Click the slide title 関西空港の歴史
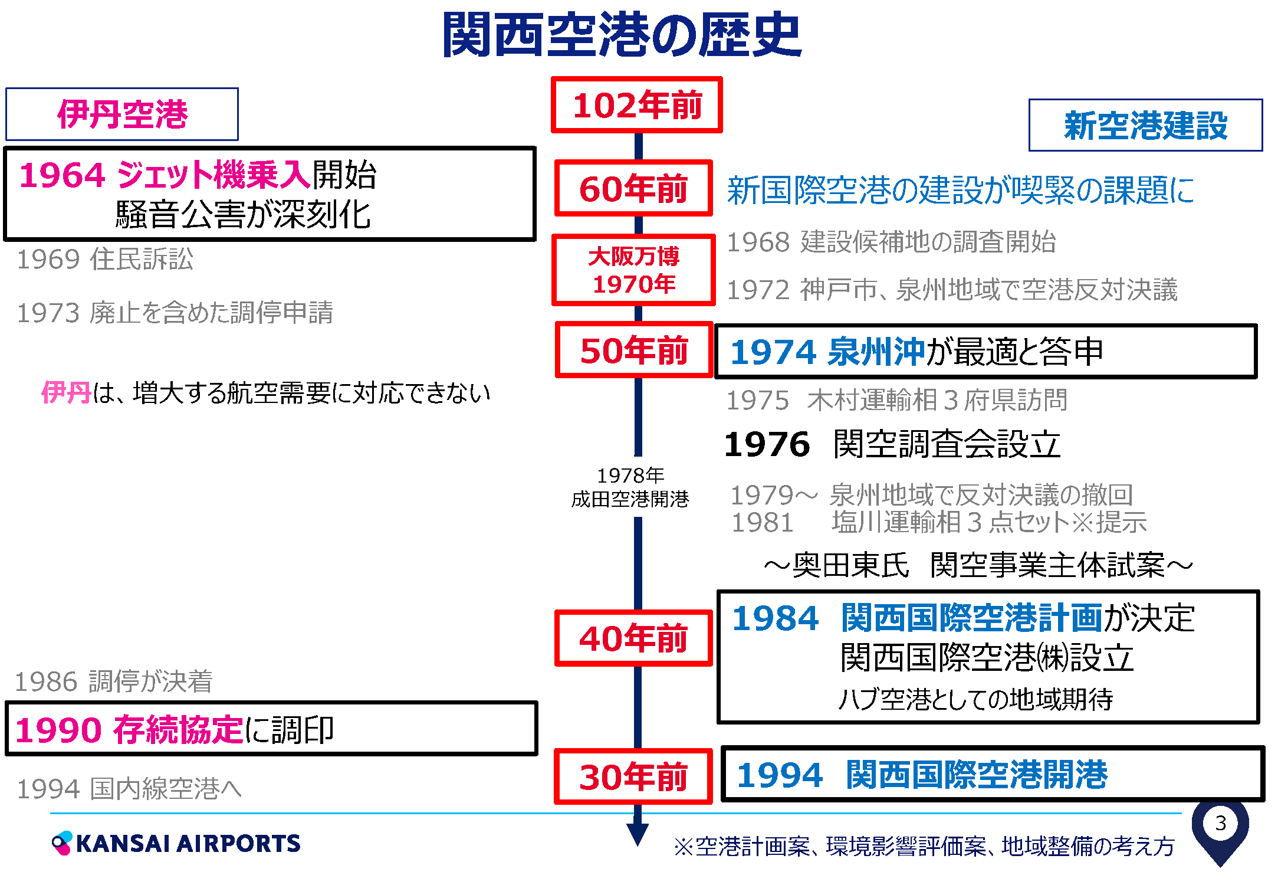[622, 35]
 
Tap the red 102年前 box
[637, 105]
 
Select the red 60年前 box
[633, 188]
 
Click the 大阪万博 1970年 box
[633, 270]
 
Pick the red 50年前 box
[634, 350]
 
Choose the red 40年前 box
[633, 638]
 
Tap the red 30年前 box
[633, 776]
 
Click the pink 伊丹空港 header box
[122, 114]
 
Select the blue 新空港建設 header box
[1145, 125]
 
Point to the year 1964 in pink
[62, 175]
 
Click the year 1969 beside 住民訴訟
[48, 259]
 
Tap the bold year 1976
[767, 444]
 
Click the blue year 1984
[776, 618]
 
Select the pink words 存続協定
[178, 729]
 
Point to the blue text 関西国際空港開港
[977, 774]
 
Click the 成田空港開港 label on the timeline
[630, 499]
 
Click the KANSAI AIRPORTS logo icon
[62, 843]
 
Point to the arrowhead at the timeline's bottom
[638, 835]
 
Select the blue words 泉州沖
[876, 352]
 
